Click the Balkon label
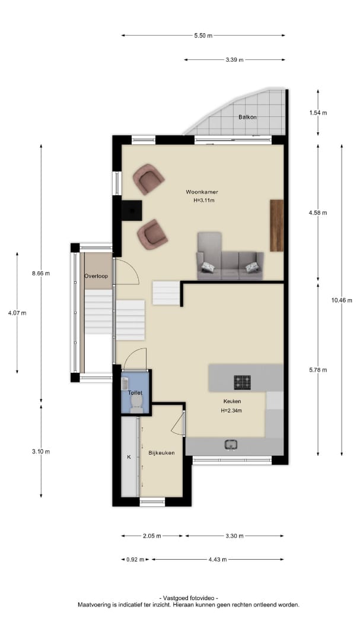pos(247,117)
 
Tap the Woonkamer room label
pos(202,192)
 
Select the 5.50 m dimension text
pos(203,36)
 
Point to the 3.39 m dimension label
pos(234,60)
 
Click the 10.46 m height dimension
pos(342,300)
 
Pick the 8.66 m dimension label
pos(41,274)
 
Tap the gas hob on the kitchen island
pos(243,382)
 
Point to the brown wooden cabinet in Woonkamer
pos(276,226)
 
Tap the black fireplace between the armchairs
pos(132,211)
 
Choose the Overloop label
pos(96,276)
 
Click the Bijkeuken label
pos(161,452)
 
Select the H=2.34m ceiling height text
pos(231,411)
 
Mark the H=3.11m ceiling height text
pos(204,201)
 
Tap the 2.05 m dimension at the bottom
pos(152,536)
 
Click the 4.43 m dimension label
pos(218,560)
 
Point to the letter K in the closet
pos(129,457)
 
